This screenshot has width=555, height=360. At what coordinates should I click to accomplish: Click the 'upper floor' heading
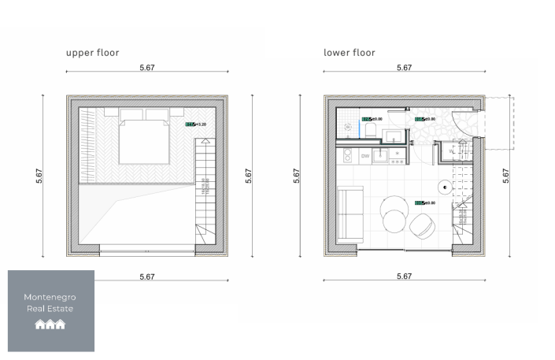(x=92, y=53)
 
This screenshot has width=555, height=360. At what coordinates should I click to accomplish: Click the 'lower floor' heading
(x=349, y=53)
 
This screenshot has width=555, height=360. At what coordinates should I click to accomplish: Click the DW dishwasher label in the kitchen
(x=365, y=157)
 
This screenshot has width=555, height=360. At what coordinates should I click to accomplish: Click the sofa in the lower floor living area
(x=350, y=213)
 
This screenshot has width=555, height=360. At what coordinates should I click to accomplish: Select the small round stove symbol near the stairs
(x=446, y=187)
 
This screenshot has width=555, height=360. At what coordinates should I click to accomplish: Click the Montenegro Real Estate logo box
(x=51, y=310)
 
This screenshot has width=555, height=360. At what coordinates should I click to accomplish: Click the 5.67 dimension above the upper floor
(x=146, y=68)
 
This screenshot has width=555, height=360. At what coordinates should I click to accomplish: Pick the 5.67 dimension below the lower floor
(x=403, y=276)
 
